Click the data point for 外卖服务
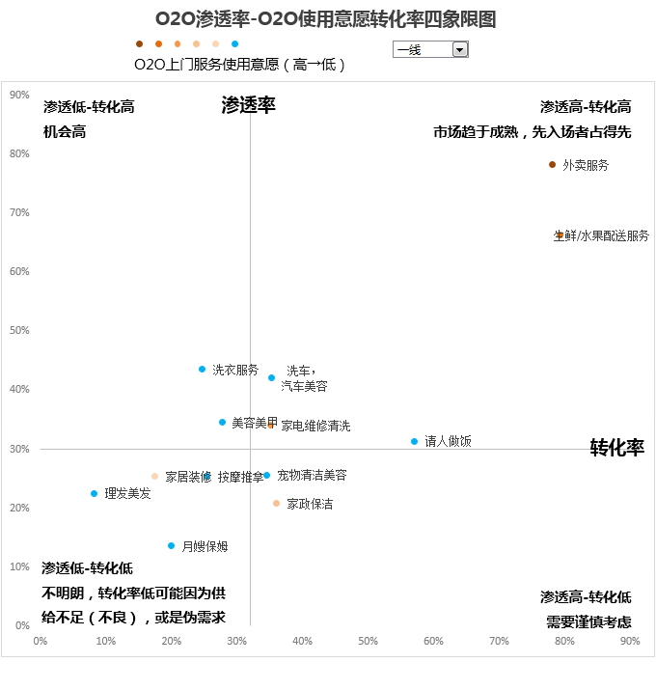coord(553,165)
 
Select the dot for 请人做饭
coord(415,441)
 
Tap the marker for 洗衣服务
coord(203,370)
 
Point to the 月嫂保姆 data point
coord(172,546)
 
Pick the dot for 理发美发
coord(95,493)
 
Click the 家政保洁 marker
coord(276,504)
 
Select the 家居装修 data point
coord(154,476)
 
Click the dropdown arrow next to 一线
coord(459,49)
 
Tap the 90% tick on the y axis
coord(19,95)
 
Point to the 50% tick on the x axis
coord(368,641)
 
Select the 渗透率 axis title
coord(248,105)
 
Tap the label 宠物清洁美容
coord(312,476)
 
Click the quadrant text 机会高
coord(65,131)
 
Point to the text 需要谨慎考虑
coord(589,622)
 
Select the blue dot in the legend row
coord(235,43)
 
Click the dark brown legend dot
coord(139,43)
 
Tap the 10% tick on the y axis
coord(19,566)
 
